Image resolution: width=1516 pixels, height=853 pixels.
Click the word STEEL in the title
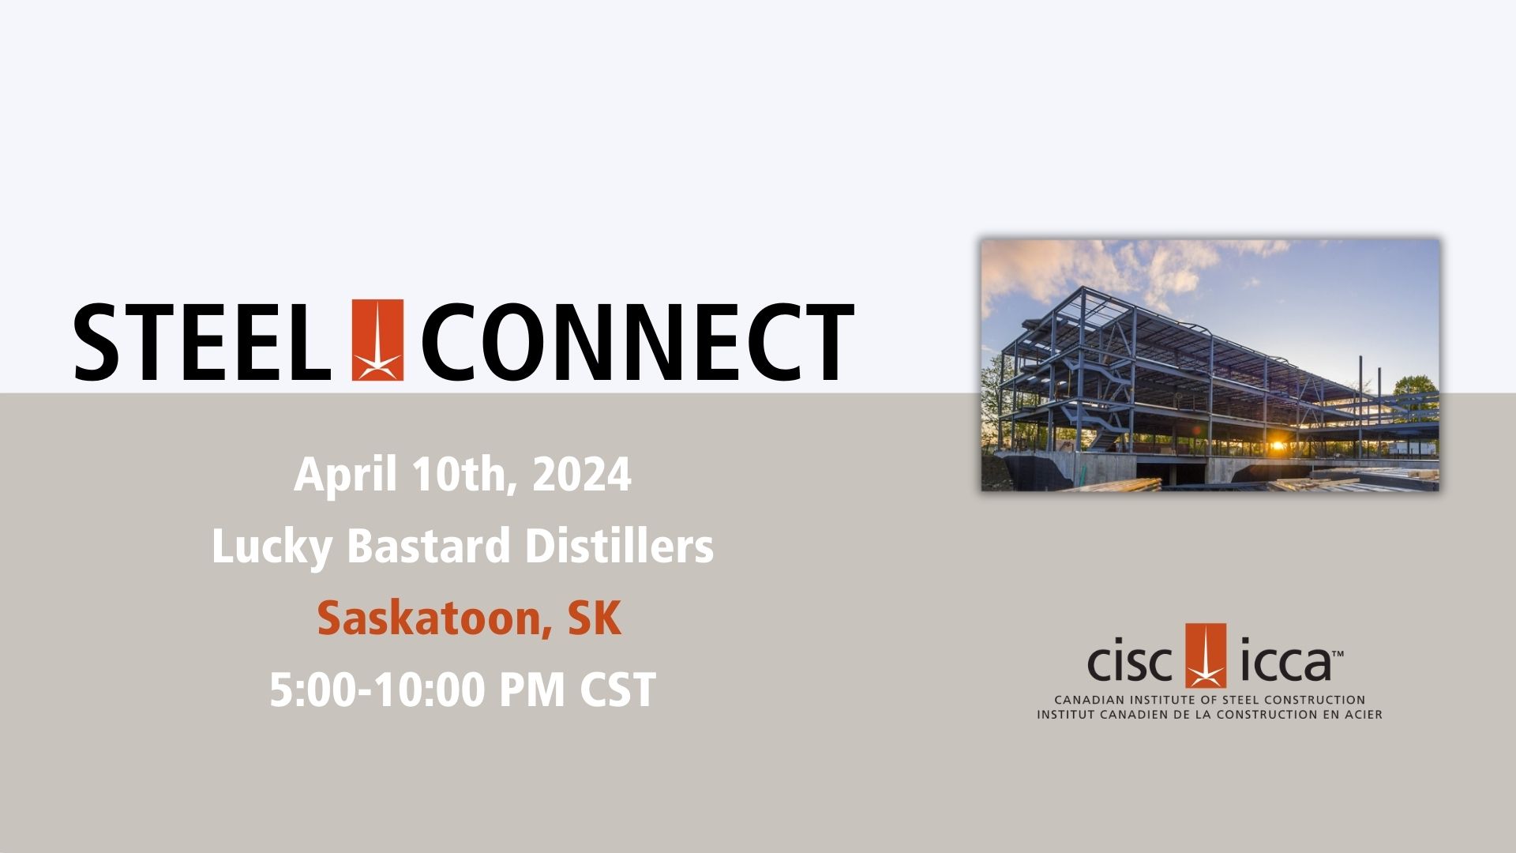(202, 342)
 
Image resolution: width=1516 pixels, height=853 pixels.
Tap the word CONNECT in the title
(637, 342)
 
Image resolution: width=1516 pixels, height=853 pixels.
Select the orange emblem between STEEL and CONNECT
(377, 340)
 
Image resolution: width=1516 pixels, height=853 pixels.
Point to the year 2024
(582, 475)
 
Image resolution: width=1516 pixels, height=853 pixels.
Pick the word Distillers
(619, 546)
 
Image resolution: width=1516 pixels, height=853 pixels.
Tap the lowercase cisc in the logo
(1130, 664)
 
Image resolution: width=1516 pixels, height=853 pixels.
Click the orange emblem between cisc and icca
(1206, 656)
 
